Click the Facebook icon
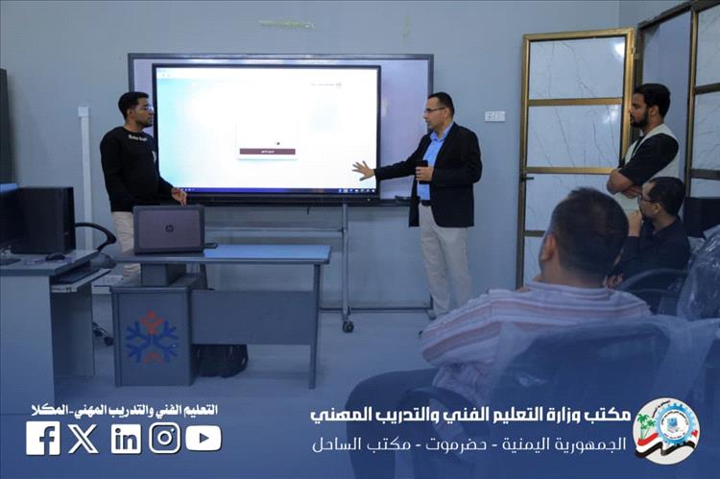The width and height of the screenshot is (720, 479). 42,439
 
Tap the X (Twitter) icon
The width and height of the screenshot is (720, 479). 84,439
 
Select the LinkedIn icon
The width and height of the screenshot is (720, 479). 125,439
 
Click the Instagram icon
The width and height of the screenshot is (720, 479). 164,439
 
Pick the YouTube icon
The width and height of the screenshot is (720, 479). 204,439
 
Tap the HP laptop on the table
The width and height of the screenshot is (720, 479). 169,228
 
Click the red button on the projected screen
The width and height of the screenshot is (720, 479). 268,152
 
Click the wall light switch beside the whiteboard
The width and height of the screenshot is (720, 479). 494,116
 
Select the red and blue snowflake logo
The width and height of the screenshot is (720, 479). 152,337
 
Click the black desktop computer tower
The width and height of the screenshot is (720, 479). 43,220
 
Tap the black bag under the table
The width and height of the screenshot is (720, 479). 220,360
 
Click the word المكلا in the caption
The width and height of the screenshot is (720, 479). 43,410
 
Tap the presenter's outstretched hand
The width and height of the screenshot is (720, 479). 362,170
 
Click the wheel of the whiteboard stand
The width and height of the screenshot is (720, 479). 348,326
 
